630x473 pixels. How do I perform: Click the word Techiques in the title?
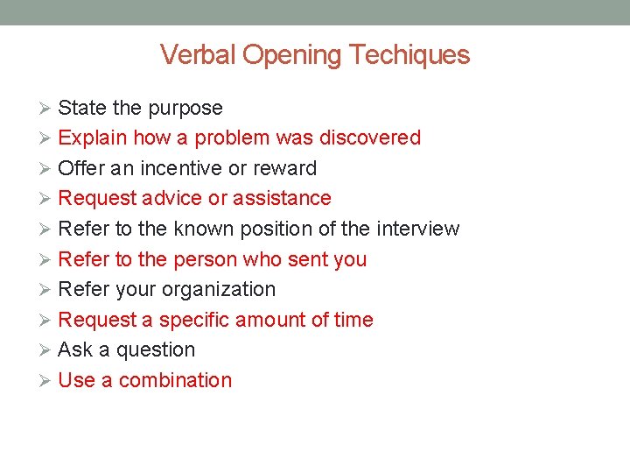click(x=409, y=55)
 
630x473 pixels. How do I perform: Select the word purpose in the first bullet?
click(x=185, y=109)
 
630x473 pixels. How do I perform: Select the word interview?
click(x=417, y=229)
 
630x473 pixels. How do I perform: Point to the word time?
click(x=353, y=320)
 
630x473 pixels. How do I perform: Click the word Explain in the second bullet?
click(x=92, y=138)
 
